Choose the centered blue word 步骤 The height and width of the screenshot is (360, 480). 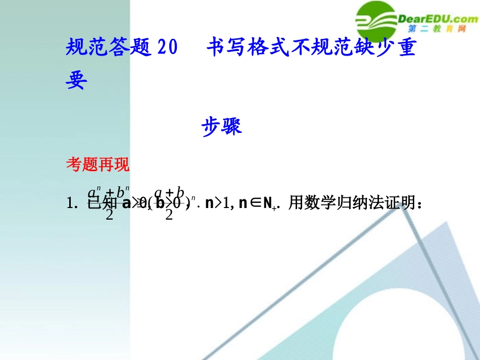[222, 126]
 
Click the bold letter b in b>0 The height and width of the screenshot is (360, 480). [160, 204]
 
